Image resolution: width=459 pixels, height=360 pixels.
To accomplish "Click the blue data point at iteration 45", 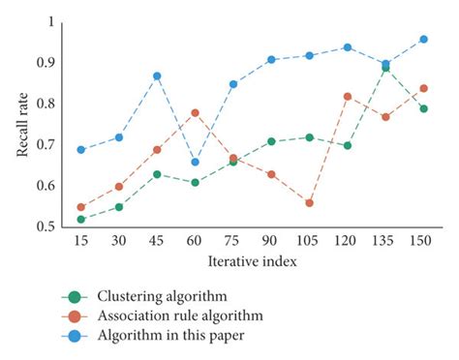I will [x=157, y=75].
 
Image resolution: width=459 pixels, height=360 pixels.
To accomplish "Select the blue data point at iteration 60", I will [x=195, y=162].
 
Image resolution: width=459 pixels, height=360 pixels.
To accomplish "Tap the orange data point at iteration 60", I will [x=195, y=112].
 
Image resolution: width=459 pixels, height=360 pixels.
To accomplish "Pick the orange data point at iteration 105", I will [x=309, y=202].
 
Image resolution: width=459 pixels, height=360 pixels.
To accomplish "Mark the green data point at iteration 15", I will [x=80, y=219].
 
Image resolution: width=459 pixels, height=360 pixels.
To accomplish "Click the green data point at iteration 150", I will [x=423, y=108].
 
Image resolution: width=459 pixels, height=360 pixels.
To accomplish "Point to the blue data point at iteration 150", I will [x=423, y=39].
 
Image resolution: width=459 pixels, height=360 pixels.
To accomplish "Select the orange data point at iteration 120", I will [x=347, y=96].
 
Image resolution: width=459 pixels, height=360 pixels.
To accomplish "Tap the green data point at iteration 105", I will [x=309, y=137].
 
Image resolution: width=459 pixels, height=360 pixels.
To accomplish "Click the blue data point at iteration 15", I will [x=80, y=149].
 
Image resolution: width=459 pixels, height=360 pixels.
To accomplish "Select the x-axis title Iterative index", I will [x=252, y=261].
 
